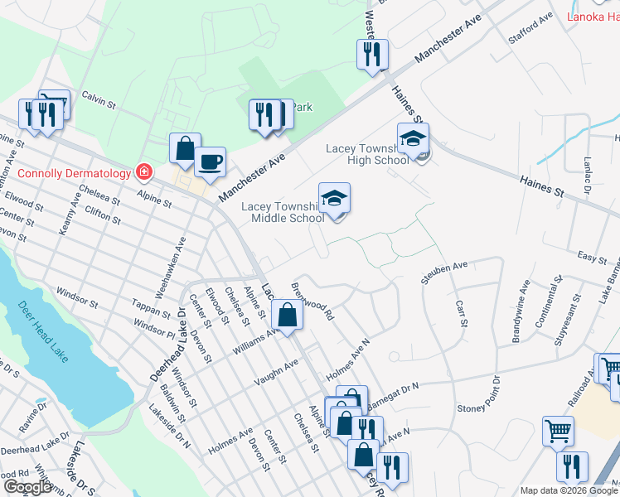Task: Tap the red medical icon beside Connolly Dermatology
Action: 144,172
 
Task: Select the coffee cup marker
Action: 210,161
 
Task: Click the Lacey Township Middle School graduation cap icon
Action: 334,199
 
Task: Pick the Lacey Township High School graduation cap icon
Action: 412,139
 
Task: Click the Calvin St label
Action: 98,99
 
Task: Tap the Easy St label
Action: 593,258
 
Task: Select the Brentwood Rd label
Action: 312,302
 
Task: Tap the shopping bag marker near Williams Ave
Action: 287,316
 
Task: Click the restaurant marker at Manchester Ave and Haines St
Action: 371,55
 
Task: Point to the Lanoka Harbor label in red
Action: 593,16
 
